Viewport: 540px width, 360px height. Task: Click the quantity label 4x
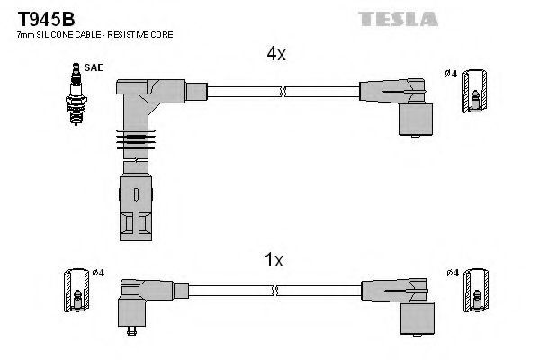tap(275, 54)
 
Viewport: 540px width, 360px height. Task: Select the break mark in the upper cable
tap(283, 90)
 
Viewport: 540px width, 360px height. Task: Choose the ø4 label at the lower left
tap(99, 273)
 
